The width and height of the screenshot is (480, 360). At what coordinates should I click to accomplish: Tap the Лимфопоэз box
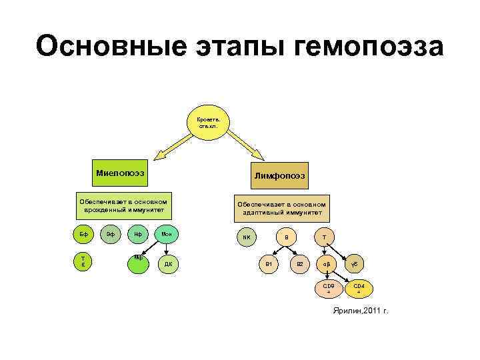(x=279, y=175)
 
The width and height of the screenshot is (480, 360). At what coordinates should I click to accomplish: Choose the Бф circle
(x=83, y=235)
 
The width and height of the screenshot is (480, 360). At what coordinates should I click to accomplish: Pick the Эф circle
(x=111, y=235)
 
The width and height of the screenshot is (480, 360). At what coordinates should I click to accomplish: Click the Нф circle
(x=137, y=235)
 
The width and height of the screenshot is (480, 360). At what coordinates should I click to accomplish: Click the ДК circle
(x=167, y=264)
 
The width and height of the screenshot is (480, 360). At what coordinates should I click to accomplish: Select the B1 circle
(x=269, y=265)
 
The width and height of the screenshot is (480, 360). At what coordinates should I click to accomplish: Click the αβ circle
(x=327, y=265)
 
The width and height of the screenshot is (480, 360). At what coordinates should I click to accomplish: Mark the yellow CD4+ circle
(x=359, y=289)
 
